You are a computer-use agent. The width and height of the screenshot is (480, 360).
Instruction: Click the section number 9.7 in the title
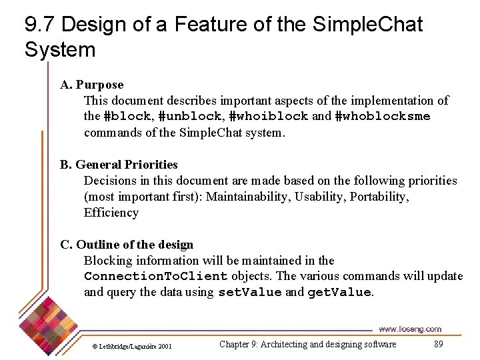pos(40,25)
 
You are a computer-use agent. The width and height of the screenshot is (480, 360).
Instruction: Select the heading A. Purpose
pos(92,85)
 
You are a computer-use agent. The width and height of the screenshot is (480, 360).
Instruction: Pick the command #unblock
pos(187,117)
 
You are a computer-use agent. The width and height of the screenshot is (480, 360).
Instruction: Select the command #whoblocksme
pos(382,117)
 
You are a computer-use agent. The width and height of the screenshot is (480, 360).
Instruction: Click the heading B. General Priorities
pos(119,165)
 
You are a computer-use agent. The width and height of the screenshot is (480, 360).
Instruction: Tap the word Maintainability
pos(250,197)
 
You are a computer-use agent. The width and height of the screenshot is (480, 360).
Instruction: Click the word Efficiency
pos(111,213)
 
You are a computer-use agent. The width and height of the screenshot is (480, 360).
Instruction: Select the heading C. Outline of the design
pos(127,245)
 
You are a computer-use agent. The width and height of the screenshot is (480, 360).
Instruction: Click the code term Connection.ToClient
pos(156,277)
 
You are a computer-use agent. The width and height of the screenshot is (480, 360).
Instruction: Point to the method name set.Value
pos(250,293)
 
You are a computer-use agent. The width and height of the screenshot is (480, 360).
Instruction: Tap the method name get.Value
pos(339,293)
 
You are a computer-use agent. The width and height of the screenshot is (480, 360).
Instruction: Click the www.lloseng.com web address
pos(409,329)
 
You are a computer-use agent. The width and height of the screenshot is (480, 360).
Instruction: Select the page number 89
pos(438,344)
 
